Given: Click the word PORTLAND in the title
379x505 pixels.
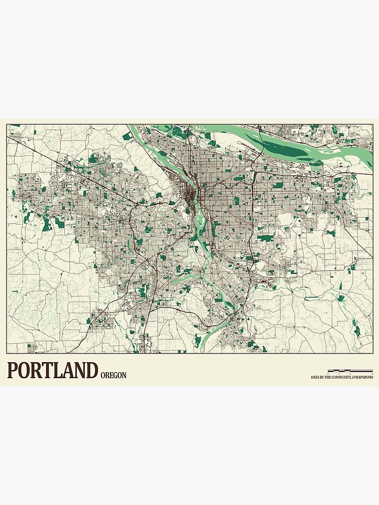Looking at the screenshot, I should click(52, 370).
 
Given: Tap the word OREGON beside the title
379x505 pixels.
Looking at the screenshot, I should click(113, 375).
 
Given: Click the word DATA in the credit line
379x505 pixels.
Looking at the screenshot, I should click(315, 377).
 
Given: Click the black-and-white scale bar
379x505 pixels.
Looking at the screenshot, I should click(346, 371).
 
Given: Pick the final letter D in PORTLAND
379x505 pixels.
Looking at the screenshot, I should click(91, 370).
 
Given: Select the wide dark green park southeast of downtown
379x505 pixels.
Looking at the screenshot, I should click(265, 237).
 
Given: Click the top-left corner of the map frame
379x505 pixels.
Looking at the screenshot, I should click(7, 125).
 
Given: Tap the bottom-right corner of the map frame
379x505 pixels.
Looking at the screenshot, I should click(372, 352).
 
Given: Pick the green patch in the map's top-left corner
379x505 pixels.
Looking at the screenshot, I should click(15, 126).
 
